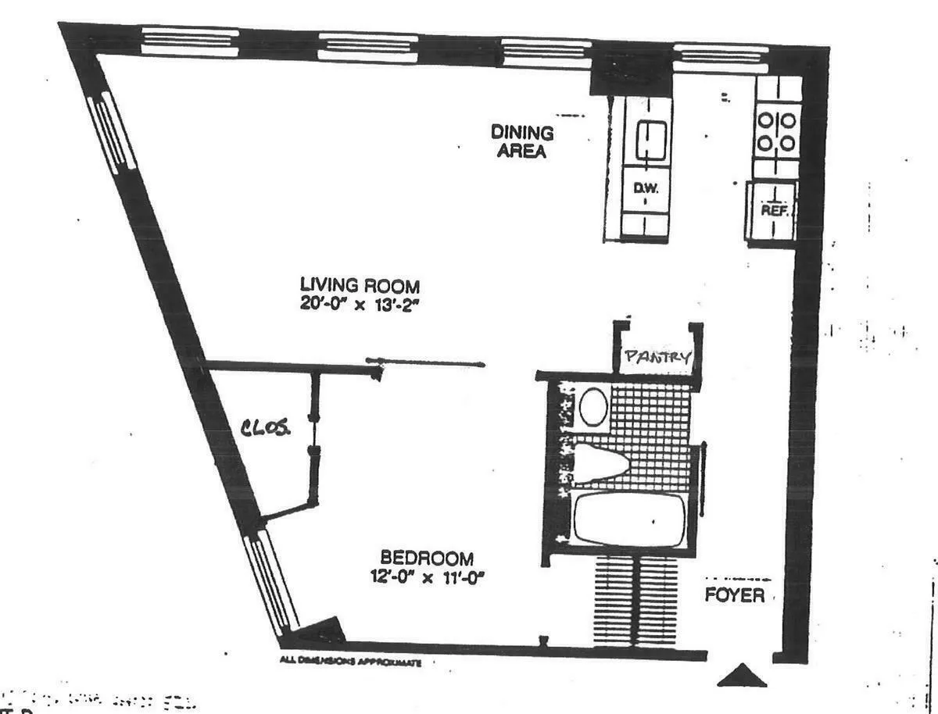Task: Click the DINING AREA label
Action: click(522, 141)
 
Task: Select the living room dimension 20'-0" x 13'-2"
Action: click(360, 304)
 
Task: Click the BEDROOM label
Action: click(426, 559)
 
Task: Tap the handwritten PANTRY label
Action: click(657, 358)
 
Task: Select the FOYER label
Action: click(734, 595)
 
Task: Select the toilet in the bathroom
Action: click(602, 462)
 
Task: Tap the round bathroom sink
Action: click(594, 406)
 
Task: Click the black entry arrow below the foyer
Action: click(742, 675)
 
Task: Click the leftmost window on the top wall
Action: click(189, 40)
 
